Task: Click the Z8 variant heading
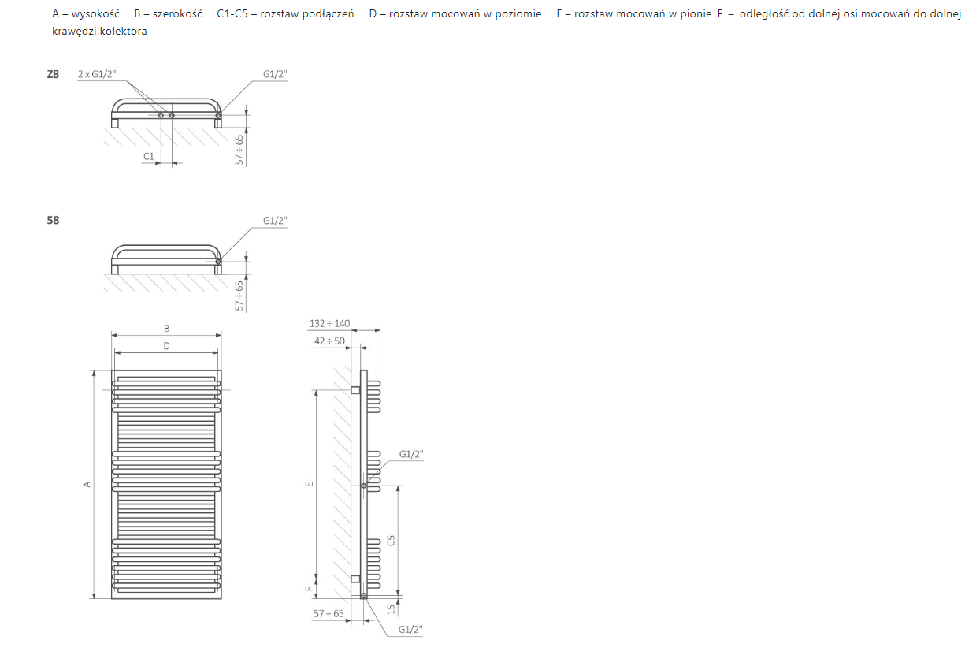(53, 74)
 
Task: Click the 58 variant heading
(53, 220)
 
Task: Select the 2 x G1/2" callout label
(97, 74)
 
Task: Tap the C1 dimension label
(149, 156)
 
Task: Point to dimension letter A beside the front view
(87, 484)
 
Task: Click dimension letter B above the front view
(166, 329)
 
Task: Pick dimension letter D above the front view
(166, 346)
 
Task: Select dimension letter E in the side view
(310, 484)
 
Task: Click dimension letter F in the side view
(310, 589)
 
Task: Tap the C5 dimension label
(391, 540)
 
